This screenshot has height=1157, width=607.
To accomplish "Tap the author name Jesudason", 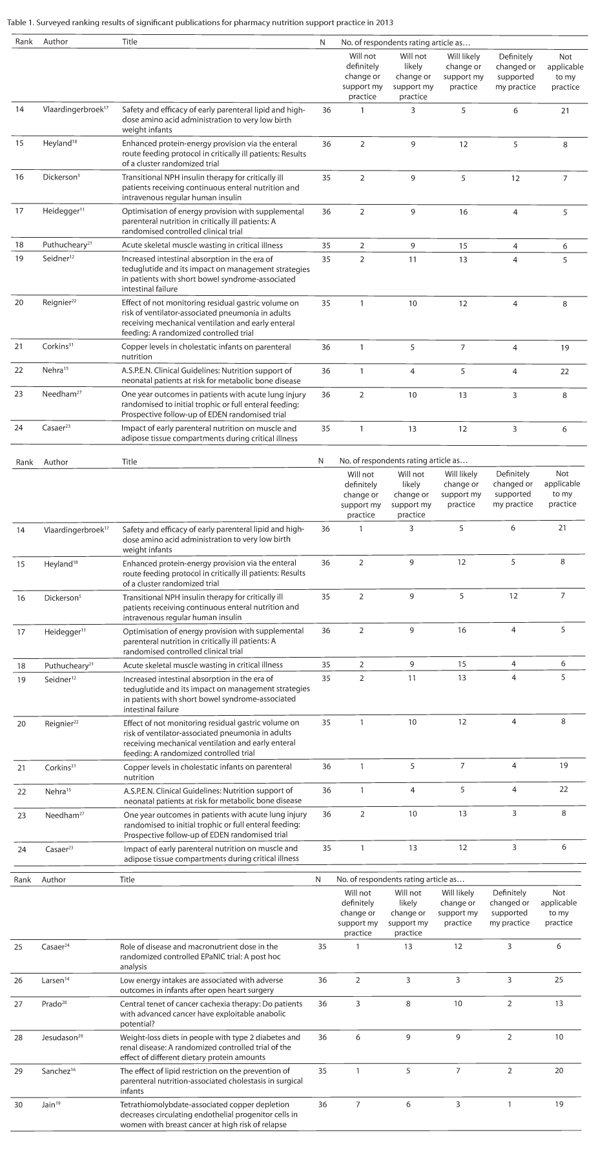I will (59, 1037).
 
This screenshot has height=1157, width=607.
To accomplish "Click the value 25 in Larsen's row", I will (559, 980).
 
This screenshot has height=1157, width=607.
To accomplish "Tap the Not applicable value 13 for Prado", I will (559, 1003).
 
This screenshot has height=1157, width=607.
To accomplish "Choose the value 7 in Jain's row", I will (358, 1104).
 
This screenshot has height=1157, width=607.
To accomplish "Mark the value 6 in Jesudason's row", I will (358, 1037).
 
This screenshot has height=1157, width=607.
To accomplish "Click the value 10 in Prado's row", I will (458, 1003).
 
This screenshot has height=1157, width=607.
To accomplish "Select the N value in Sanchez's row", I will (322, 1070).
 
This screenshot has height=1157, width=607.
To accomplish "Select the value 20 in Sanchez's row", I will (559, 1070).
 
